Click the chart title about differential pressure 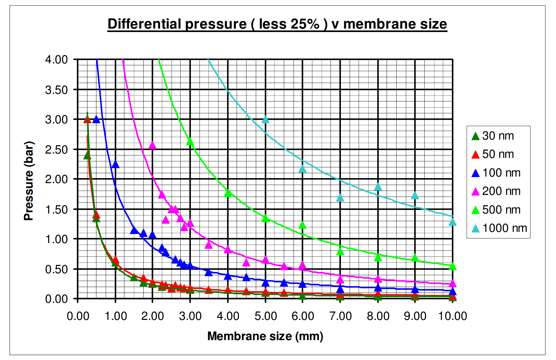[x=277, y=24]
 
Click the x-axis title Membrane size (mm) [x=265, y=336]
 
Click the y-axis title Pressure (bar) [x=29, y=181]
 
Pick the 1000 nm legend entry [x=499, y=228]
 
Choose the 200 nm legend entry [x=496, y=191]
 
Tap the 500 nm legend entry [x=496, y=210]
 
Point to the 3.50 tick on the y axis [x=56, y=90]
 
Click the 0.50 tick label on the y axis [x=56, y=269]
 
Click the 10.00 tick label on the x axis [x=452, y=316]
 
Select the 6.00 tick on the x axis [x=302, y=316]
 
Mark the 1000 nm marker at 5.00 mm [x=265, y=119]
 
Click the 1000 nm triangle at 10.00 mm [x=453, y=222]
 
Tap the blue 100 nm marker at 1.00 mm [x=115, y=164]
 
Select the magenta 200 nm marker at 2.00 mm [x=152, y=145]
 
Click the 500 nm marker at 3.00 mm [x=190, y=142]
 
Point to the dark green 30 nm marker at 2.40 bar [x=87, y=156]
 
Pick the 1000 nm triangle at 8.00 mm [x=378, y=187]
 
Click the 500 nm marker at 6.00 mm [x=302, y=225]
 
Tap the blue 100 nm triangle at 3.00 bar [x=96, y=119]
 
